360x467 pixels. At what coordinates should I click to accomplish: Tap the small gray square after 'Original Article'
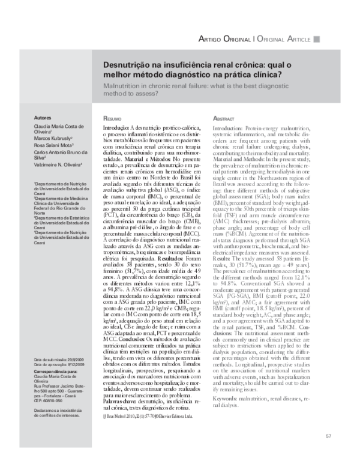tap(317, 38)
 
